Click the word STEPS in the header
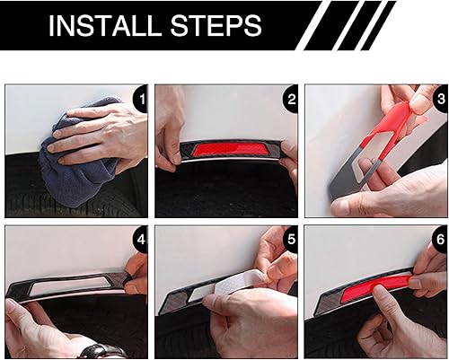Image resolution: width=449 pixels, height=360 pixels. pyautogui.click(x=216, y=25)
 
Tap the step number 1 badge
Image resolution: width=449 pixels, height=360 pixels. pyautogui.click(x=141, y=99)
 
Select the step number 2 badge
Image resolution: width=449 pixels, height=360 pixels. pyautogui.click(x=290, y=99)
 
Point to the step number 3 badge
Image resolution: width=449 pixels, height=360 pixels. pyautogui.click(x=440, y=99)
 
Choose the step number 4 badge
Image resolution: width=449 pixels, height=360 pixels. pyautogui.click(x=141, y=240)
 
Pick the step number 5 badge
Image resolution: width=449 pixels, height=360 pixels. pyautogui.click(x=290, y=240)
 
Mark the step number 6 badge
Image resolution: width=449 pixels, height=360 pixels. pyautogui.click(x=440, y=240)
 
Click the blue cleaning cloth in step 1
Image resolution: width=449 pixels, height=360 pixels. pyautogui.click(x=78, y=168)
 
